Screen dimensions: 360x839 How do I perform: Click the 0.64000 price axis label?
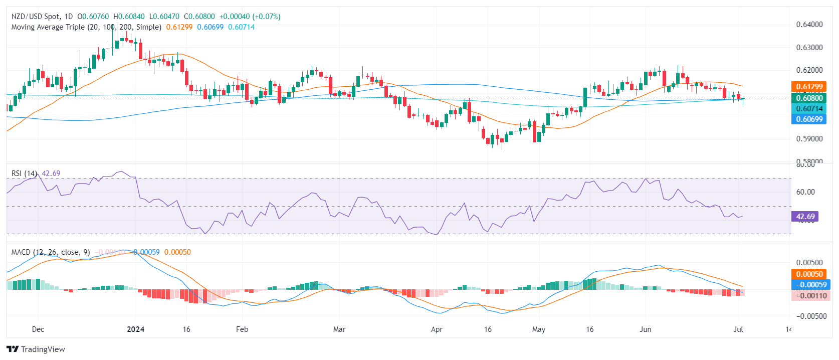809,25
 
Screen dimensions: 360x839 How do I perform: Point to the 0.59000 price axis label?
809,139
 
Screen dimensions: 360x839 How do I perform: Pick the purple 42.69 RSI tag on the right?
805,217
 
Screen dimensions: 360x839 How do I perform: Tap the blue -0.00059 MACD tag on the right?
809,285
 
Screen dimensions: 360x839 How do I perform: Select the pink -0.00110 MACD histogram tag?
809,296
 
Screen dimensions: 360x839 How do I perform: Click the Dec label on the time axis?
38,329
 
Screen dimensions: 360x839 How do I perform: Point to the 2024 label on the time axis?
135,329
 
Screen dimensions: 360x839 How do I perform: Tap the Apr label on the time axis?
437,329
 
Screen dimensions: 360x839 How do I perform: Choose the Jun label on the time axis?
646,329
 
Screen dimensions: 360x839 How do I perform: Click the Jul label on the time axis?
738,329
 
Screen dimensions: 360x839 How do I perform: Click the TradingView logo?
36,349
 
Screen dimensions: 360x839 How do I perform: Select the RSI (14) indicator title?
24,173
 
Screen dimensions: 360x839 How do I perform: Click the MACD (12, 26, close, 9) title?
51,252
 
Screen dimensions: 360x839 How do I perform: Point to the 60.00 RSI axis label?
805,192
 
